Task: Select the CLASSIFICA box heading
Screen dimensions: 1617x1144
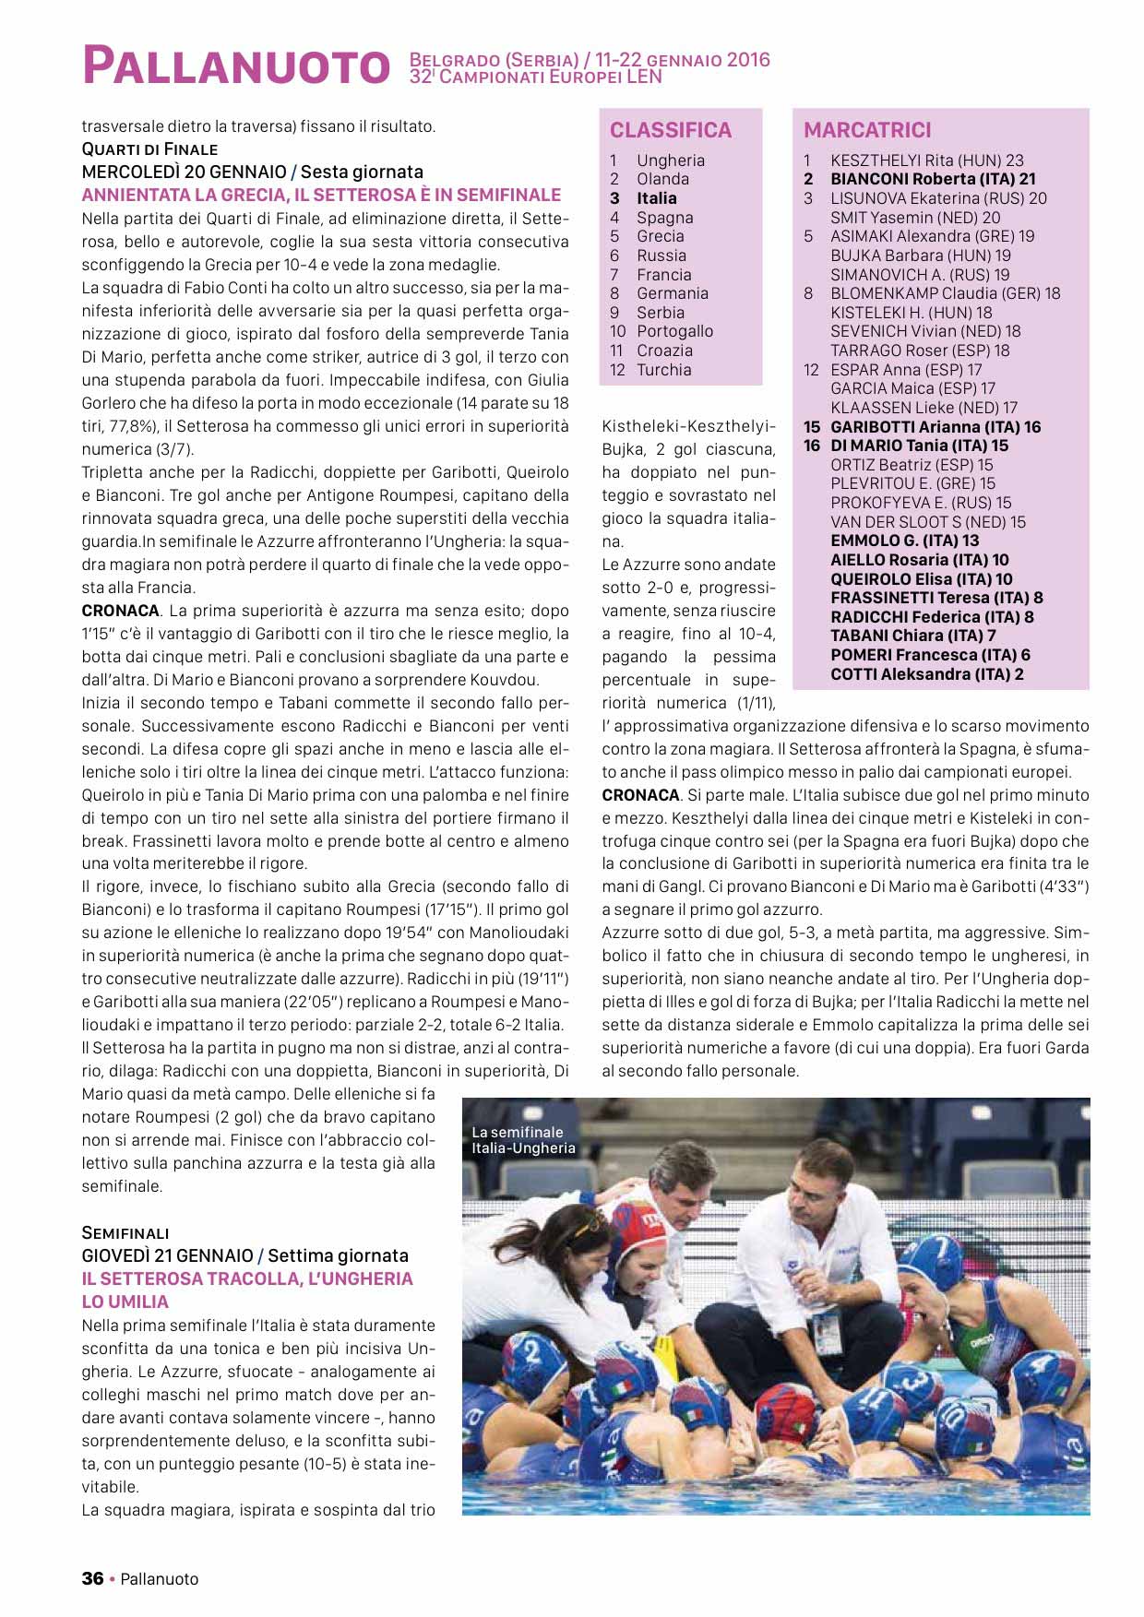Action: click(671, 130)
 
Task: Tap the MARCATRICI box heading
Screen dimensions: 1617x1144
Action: click(867, 130)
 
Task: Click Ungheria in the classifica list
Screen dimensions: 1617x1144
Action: click(670, 161)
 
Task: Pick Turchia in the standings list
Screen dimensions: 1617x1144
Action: click(663, 370)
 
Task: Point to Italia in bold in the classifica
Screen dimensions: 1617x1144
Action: click(656, 198)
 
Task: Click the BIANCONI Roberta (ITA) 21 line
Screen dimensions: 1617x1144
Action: click(932, 179)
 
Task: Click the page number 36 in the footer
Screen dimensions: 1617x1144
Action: click(92, 1578)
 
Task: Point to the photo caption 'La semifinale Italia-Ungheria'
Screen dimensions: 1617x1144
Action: click(523, 1140)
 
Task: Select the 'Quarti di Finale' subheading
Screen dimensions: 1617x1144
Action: click(149, 149)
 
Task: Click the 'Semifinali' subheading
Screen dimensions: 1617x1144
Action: click(125, 1232)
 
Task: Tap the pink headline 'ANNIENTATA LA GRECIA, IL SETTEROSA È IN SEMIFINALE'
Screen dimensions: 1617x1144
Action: click(321, 195)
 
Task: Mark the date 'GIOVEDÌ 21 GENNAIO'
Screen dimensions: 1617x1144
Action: click(167, 1255)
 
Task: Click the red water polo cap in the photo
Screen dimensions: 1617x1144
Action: click(642, 1237)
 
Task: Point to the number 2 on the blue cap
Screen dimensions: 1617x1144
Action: click(532, 1352)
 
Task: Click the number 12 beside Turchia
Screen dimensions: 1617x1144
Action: click(617, 370)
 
